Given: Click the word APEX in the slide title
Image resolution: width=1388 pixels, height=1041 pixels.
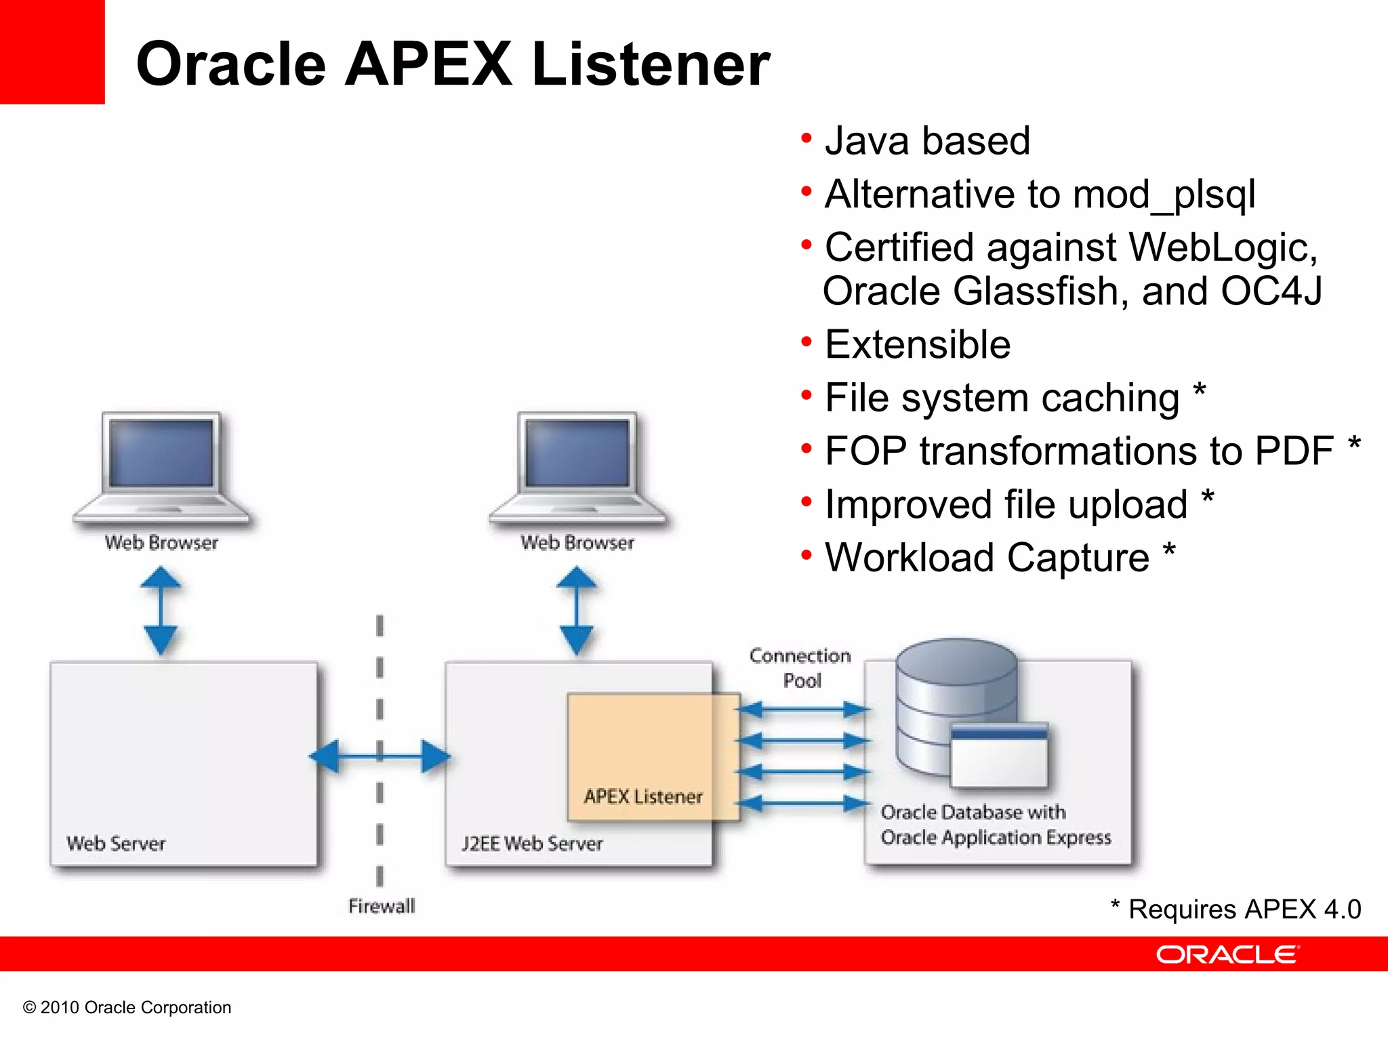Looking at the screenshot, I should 428,64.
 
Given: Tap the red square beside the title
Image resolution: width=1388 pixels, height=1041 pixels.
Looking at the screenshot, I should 52,52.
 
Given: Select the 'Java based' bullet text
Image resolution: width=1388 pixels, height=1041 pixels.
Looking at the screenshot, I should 927,141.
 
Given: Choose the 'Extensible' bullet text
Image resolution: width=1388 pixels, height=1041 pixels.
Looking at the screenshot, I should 918,344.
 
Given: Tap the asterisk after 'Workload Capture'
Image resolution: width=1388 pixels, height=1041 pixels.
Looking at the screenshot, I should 1169,552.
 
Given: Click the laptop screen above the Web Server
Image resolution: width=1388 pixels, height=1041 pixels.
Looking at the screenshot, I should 161,453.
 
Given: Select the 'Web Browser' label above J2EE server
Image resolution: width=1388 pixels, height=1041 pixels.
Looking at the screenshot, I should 577,543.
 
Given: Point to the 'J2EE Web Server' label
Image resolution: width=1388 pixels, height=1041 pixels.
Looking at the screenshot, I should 532,844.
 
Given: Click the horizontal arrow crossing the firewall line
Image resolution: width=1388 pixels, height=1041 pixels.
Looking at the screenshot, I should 380,756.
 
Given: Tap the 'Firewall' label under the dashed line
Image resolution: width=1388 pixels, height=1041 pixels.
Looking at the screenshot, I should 381,906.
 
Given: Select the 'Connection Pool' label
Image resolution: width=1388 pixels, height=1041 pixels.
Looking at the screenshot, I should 800,668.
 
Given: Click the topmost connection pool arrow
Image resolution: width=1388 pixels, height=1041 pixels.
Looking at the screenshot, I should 802,710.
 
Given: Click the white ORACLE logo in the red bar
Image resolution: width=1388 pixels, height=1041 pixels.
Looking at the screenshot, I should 1227,955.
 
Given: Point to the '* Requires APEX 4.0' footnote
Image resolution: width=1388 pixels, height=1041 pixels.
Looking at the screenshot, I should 1236,910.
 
